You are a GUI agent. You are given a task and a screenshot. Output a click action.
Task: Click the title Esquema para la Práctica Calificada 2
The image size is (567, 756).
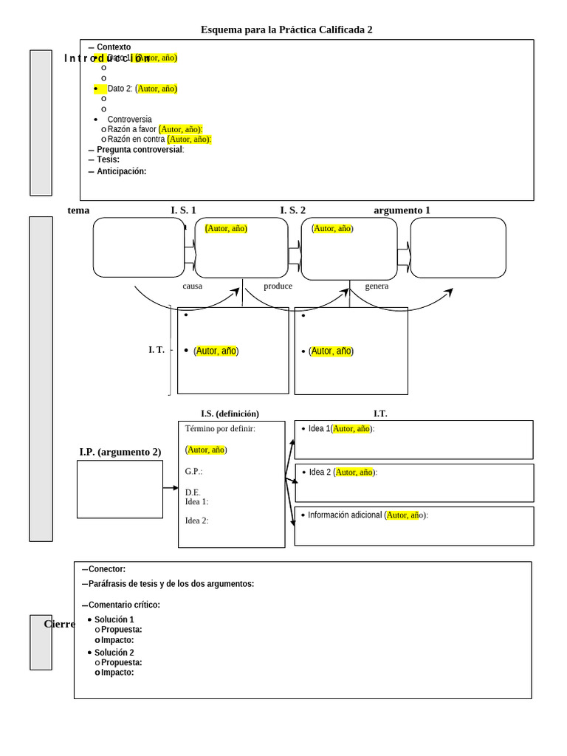click(x=286, y=30)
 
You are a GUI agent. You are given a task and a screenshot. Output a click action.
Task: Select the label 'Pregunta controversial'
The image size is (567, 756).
click(x=140, y=149)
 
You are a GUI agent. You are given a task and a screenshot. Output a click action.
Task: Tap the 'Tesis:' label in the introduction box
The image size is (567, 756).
click(x=108, y=159)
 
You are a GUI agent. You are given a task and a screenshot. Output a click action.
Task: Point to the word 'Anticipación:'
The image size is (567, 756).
click(x=121, y=171)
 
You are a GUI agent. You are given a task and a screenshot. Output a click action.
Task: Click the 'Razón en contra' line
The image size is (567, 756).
click(x=136, y=139)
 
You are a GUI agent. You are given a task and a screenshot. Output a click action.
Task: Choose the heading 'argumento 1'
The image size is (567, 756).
click(x=402, y=210)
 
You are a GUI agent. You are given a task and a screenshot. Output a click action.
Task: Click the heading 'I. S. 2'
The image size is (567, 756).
click(x=292, y=210)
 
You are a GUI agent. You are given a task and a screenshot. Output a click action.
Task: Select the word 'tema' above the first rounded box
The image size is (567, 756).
click(x=78, y=210)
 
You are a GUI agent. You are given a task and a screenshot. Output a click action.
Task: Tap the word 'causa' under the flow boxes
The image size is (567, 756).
click(x=192, y=286)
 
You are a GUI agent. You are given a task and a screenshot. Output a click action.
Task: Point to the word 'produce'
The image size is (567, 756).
click(x=278, y=286)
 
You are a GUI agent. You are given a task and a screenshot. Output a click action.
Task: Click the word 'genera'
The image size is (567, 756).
click(x=377, y=286)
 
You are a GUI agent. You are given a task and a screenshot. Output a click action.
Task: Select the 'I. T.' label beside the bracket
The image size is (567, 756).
click(x=157, y=350)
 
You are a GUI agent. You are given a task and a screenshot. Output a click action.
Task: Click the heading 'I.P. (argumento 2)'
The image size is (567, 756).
click(x=120, y=452)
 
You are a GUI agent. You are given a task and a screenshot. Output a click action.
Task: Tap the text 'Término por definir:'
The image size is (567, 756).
click(x=220, y=428)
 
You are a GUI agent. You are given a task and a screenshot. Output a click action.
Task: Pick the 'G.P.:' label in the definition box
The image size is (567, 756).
click(x=193, y=471)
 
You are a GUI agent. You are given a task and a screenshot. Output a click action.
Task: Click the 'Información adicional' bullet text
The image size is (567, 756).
click(x=345, y=515)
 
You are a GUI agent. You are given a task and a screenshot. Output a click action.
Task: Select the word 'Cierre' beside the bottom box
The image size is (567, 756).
click(x=60, y=624)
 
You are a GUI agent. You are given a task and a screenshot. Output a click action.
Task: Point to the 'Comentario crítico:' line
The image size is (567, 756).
click(x=124, y=605)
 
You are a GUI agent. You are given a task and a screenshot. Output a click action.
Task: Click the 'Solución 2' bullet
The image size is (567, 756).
click(x=114, y=653)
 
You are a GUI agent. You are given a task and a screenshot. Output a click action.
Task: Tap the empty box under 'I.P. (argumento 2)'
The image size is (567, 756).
click(x=120, y=489)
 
